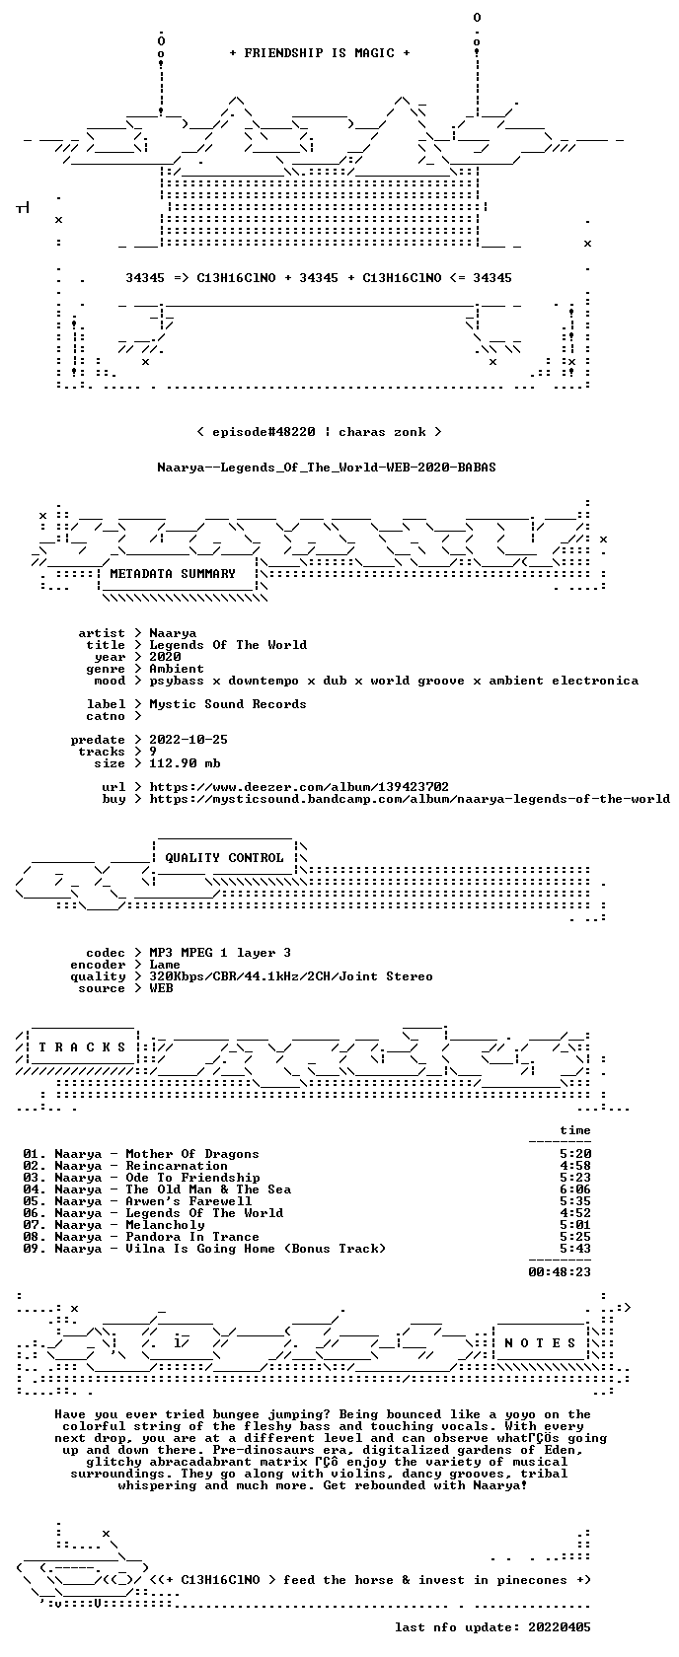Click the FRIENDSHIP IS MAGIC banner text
pyautogui.click(x=319, y=53)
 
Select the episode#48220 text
pyautogui.click(x=264, y=432)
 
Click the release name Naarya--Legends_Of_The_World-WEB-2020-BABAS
pyautogui.click(x=327, y=468)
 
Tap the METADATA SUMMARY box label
pyautogui.click(x=173, y=574)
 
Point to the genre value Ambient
pyautogui.click(x=177, y=669)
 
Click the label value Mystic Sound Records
pyautogui.click(x=228, y=704)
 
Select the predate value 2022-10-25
pyautogui.click(x=189, y=740)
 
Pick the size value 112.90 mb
pyautogui.click(x=185, y=763)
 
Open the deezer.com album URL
pyautogui.click(x=299, y=787)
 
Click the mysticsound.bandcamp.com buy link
pyautogui.click(x=410, y=799)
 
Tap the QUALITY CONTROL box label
pyautogui.click(x=224, y=858)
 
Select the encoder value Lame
pyautogui.click(x=165, y=965)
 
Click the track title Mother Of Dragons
pyautogui.click(x=192, y=1154)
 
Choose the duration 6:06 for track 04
pyautogui.click(x=575, y=1189)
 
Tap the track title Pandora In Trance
pyautogui.click(x=192, y=1237)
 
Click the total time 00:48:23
pyautogui.click(x=560, y=1272)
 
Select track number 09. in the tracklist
pyautogui.click(x=35, y=1249)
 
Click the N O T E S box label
pyautogui.click(x=540, y=1343)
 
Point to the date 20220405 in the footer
pyautogui.click(x=560, y=1627)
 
